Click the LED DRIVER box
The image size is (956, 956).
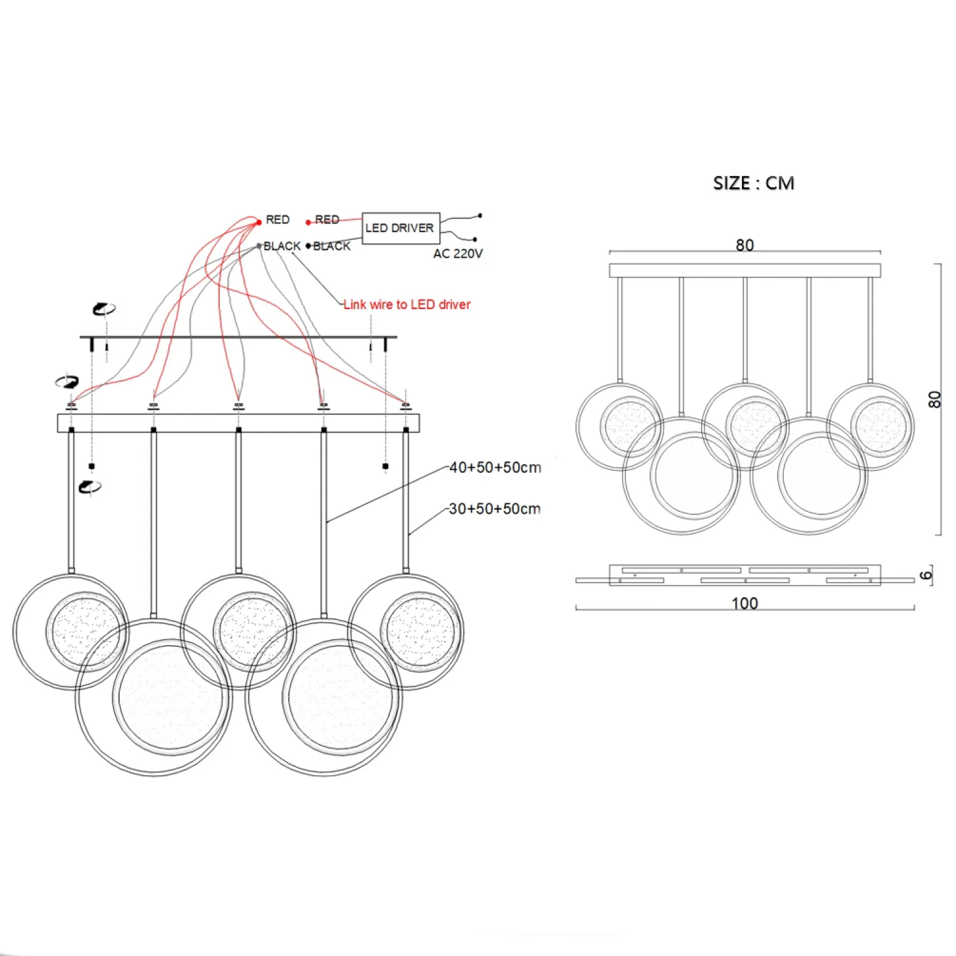click(400, 228)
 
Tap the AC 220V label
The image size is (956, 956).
click(458, 254)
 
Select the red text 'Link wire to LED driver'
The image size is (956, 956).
click(407, 305)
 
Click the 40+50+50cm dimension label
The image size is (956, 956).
click(495, 467)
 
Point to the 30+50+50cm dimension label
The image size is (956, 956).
click(495, 509)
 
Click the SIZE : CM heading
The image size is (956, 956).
click(753, 183)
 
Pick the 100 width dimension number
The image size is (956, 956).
click(744, 603)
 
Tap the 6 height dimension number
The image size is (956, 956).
click(926, 575)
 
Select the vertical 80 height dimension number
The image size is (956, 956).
click(934, 400)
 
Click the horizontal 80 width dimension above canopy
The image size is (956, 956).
click(744, 245)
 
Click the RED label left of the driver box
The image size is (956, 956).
click(327, 219)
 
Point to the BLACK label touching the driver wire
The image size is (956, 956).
click(331, 246)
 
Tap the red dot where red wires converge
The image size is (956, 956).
click(259, 222)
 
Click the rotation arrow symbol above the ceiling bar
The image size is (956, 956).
click(104, 309)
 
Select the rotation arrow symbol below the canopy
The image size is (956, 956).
click(89, 488)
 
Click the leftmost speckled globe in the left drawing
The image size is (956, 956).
click(86, 632)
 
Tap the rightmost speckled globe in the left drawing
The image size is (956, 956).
click(421, 632)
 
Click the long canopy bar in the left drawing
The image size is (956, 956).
click(238, 423)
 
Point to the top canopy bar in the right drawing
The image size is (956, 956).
click(744, 270)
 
